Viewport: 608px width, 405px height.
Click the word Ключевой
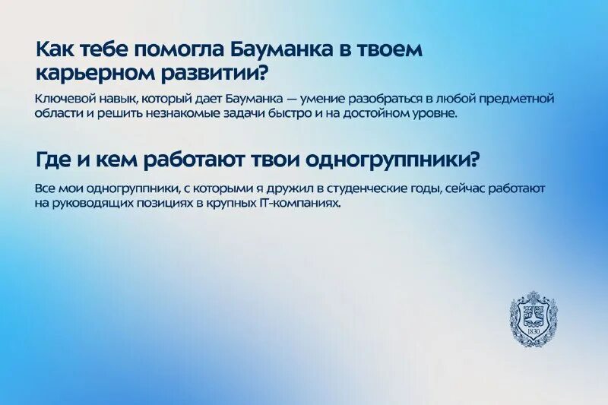tap(63, 99)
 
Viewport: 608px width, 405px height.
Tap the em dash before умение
tap(291, 99)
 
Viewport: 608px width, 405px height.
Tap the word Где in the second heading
tap(52, 160)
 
